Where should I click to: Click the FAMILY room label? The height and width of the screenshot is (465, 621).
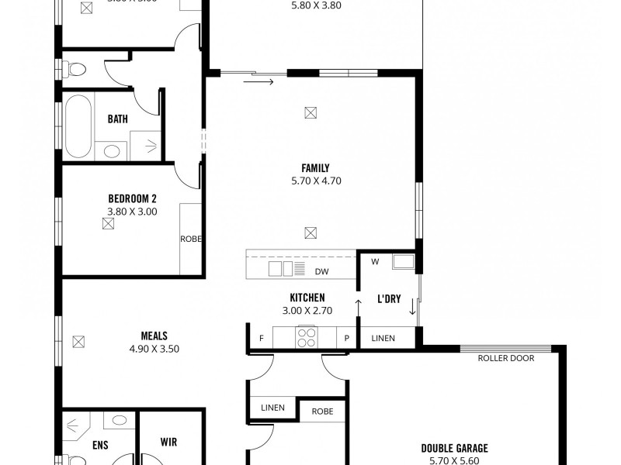click(315, 167)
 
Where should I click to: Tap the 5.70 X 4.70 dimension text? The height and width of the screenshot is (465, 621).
click(315, 181)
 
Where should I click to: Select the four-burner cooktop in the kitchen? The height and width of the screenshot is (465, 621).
click(306, 337)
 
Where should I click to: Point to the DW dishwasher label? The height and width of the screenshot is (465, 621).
click(321, 272)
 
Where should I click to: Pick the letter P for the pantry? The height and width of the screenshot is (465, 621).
click(346, 338)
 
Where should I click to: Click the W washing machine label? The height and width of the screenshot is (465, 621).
click(374, 262)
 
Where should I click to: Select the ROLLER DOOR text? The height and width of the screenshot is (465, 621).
click(506, 358)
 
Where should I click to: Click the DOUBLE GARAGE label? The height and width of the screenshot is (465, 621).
click(453, 447)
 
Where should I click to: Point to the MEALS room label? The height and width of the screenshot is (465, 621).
click(154, 336)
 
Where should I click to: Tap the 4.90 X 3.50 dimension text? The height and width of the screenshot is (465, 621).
click(154, 349)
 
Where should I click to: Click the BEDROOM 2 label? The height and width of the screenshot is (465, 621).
click(132, 197)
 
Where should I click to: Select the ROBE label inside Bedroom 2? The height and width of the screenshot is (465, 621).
click(190, 239)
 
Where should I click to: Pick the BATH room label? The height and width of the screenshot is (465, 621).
click(118, 119)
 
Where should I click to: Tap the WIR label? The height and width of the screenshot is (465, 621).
click(168, 443)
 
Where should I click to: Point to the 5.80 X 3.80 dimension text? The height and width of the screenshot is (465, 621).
click(315, 5)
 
